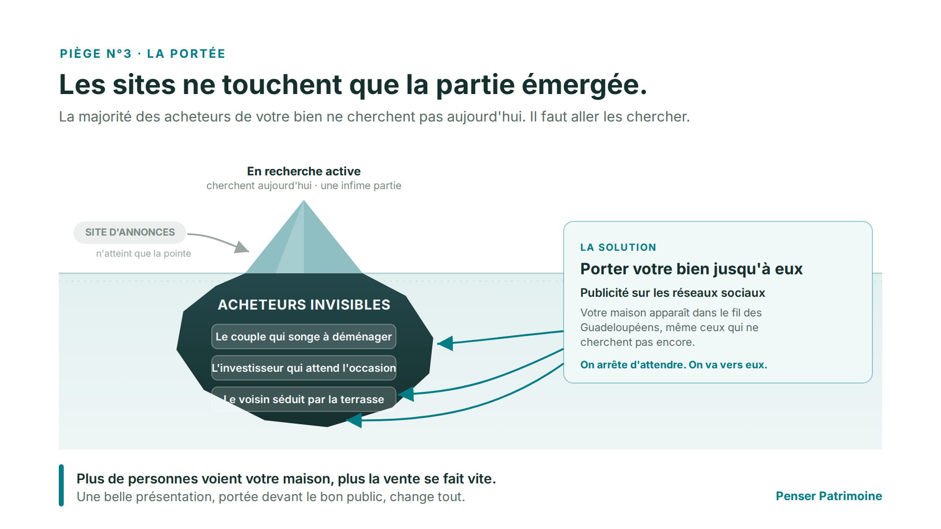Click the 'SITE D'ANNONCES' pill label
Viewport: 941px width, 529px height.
pos(130,232)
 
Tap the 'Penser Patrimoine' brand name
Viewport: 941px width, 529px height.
pos(829,496)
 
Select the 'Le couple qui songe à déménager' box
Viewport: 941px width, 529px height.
pos(304,337)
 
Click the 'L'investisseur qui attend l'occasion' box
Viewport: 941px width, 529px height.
pos(304,368)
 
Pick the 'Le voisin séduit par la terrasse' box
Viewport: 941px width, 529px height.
pos(304,399)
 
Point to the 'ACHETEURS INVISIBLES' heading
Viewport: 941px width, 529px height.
pos(304,305)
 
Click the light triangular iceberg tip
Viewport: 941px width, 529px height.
pos(304,237)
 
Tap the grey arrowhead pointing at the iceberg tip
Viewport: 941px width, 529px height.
pos(242,247)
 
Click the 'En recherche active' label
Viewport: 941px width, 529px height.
pos(304,171)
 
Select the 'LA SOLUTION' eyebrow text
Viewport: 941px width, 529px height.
pos(618,247)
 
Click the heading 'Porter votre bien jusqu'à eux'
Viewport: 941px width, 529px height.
pos(692,269)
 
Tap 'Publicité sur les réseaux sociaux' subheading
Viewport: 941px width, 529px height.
pos(672,293)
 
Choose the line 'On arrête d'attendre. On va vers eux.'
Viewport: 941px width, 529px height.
pos(674,365)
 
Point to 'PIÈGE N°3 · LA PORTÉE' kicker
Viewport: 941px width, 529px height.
pos(143,54)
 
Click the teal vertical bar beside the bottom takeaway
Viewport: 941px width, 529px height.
pos(61,485)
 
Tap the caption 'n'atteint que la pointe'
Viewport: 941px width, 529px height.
pos(144,254)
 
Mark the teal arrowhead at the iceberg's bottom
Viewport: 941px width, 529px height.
pos(354,420)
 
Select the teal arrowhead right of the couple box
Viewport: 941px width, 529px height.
pos(445,343)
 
